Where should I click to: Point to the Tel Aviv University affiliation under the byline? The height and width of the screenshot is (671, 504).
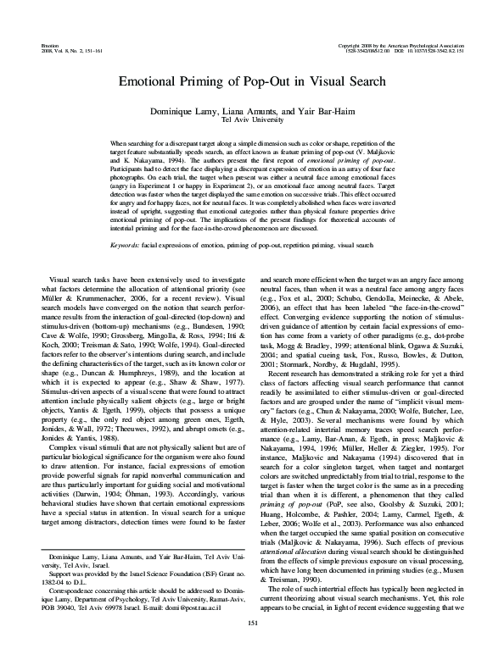(x=251, y=120)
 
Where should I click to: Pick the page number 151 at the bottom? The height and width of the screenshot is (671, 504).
(x=252, y=648)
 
